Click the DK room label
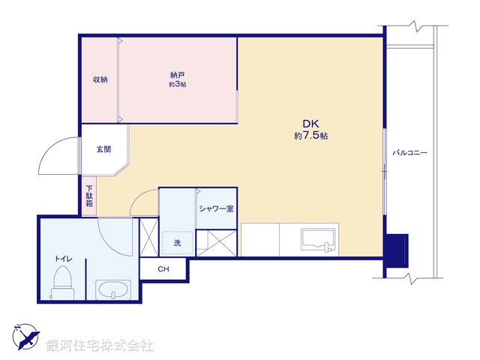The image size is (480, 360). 310,124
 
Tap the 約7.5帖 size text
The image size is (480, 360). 310,136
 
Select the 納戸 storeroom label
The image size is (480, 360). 178,74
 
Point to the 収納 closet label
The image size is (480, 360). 100,79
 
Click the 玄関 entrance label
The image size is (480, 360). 103,149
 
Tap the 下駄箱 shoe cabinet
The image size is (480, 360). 89,196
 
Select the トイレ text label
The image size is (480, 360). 63,258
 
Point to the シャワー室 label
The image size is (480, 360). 216,208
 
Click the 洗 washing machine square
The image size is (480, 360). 178,243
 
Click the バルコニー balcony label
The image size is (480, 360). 410,153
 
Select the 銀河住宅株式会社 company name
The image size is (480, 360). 100,346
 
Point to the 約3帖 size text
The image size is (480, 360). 178,85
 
